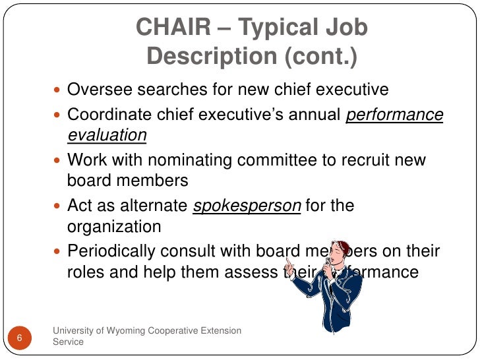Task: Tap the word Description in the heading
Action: (212, 57)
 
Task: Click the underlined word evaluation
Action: (107, 135)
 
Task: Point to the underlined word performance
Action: (395, 115)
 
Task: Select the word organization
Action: (114, 226)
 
